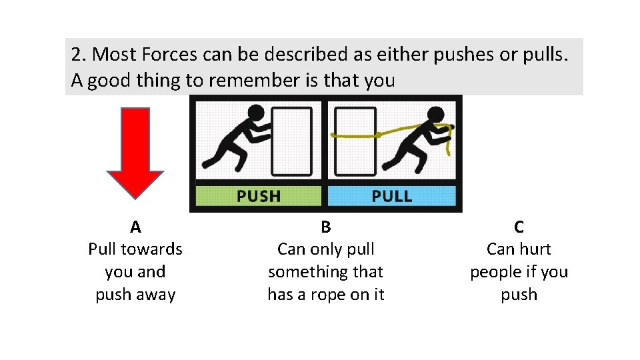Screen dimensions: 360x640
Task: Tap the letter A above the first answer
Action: point(135,227)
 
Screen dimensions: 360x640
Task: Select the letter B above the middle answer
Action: point(325,227)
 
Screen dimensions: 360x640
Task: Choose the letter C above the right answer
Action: point(519,227)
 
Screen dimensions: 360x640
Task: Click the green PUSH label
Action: point(259,196)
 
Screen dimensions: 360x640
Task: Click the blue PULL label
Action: point(391,196)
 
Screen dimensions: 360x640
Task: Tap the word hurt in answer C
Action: point(535,249)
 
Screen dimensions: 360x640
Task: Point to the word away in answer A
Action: point(157,295)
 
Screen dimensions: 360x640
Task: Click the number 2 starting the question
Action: point(77,55)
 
